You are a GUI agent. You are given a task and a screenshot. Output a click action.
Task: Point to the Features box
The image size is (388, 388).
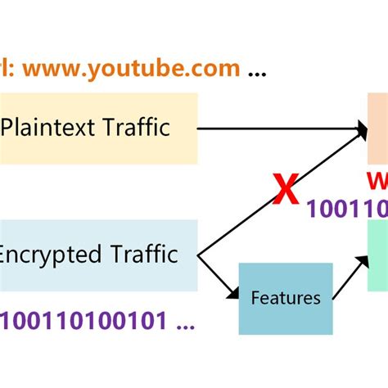[x=286, y=298]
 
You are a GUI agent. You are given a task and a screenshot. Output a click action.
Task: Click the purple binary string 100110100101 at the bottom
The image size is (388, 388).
[x=82, y=320]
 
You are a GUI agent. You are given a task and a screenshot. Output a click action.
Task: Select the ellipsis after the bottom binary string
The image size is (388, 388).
[x=186, y=325]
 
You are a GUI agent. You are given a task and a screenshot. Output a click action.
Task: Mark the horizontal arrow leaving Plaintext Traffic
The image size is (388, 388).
[x=278, y=128]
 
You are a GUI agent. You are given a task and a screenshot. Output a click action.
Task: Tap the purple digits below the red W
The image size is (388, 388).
[x=347, y=209]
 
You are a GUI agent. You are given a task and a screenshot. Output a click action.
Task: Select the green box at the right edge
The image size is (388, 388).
[x=377, y=259]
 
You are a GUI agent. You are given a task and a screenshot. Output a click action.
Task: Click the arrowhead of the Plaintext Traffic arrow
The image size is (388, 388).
[x=361, y=128]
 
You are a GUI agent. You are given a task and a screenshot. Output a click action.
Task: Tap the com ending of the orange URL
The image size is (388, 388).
[x=217, y=68]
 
